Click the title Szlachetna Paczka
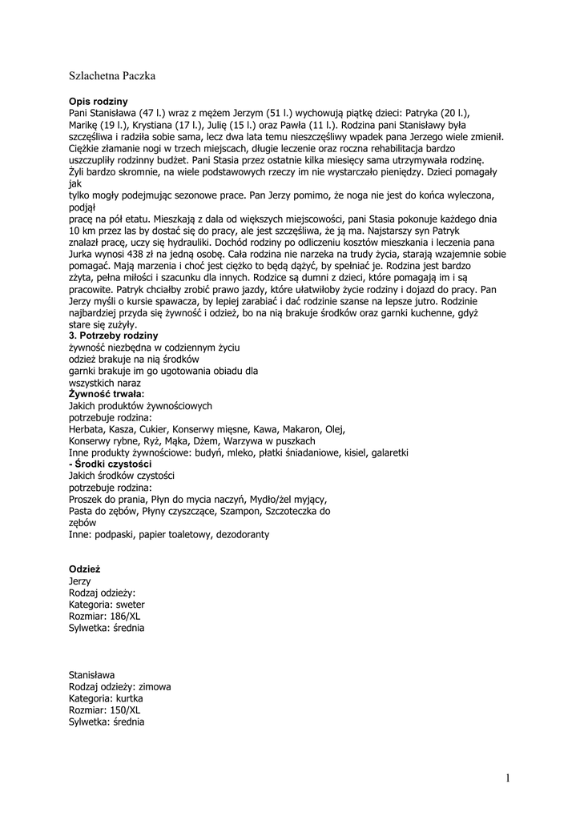[112, 76]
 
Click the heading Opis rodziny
[99, 102]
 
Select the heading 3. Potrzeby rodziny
[113, 336]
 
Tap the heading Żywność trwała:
[107, 395]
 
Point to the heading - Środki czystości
[111, 464]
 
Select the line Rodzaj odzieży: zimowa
[120, 687]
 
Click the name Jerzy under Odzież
[80, 581]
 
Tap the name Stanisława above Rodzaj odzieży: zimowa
[92, 675]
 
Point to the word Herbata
[87, 429]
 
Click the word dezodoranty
[240, 534]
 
